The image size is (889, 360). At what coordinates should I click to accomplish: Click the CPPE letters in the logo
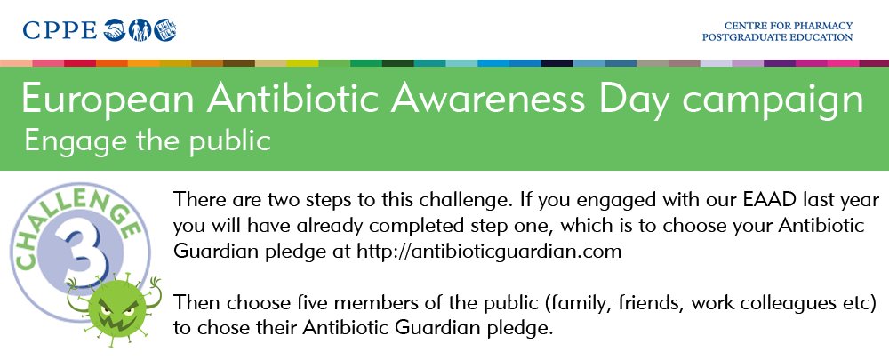[60, 31]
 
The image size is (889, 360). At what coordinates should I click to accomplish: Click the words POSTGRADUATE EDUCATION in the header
[777, 37]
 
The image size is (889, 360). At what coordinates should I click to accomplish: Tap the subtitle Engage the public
[147, 140]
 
